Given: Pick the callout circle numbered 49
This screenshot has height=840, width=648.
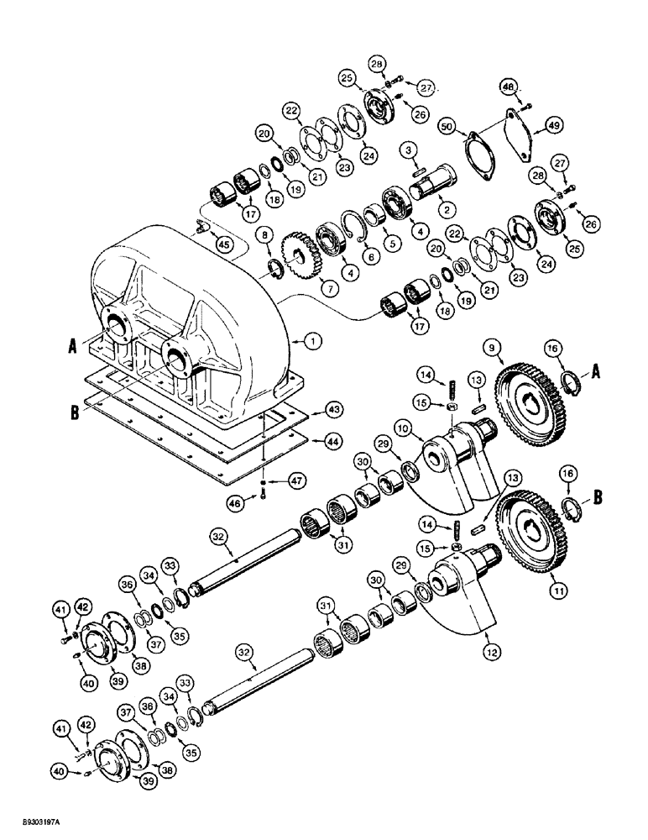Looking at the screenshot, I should click(x=555, y=125).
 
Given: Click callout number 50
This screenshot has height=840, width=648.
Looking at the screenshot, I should click(x=449, y=125).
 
